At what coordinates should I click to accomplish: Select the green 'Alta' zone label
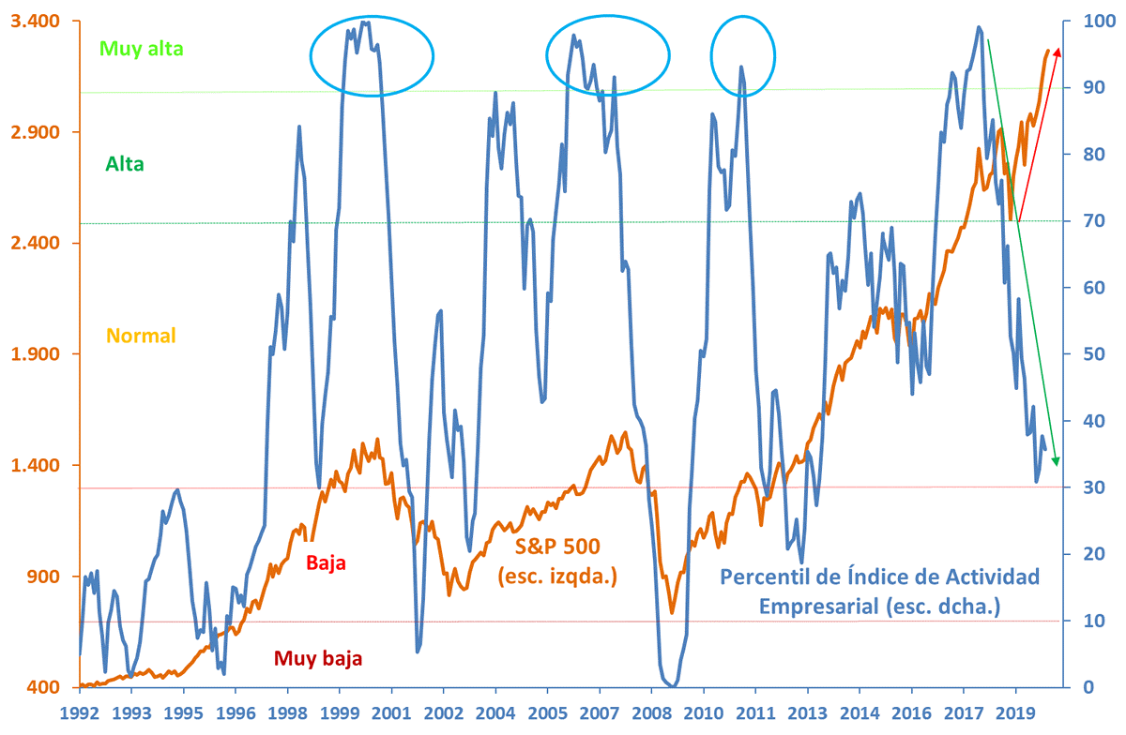pos(125,164)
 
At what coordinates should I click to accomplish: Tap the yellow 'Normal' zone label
pos(141,335)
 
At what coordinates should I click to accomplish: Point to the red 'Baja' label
pos(327,563)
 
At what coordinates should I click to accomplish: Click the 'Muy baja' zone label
pos(318,658)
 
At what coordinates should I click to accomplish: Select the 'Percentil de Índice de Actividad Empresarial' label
pos(880,592)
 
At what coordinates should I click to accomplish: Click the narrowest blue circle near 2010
pos(743,55)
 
